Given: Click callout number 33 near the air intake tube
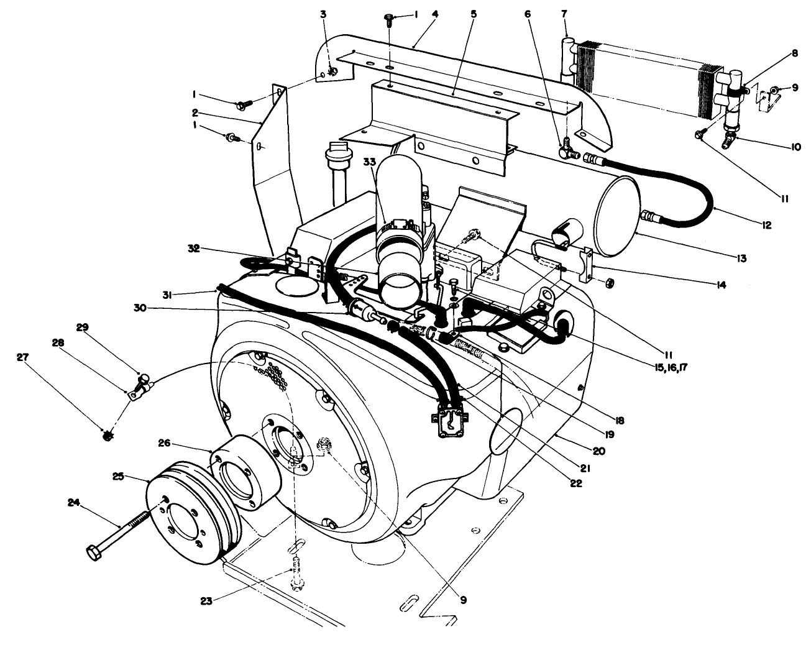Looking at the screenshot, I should click(x=370, y=162).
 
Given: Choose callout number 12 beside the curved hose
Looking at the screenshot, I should click(x=766, y=226).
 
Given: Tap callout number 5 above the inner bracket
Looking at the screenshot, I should click(x=474, y=12).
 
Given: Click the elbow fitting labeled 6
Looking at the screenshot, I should click(x=567, y=148).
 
